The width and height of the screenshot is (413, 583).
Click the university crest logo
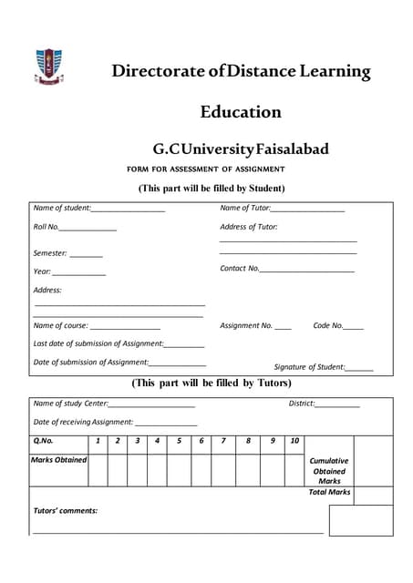[49, 66]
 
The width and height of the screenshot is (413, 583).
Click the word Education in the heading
[241, 112]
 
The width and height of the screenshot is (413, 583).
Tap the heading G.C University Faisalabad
[241, 148]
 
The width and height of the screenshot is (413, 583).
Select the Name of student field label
[61, 208]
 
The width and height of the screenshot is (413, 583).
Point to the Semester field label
[50, 252]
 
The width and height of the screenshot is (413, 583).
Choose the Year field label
[42, 271]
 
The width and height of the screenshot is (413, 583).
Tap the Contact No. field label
[240, 268]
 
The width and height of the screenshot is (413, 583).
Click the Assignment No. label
[246, 325]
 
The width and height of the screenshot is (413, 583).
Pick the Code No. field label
[328, 325]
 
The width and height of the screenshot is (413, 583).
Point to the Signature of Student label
[309, 366]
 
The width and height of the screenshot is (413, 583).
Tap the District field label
[302, 403]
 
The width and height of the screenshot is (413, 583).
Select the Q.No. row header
[44, 441]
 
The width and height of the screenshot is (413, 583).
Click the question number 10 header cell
[294, 441]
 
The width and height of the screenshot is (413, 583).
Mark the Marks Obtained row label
[59, 460]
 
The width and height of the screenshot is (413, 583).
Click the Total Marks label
[329, 493]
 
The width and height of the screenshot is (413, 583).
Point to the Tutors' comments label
[66, 510]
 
